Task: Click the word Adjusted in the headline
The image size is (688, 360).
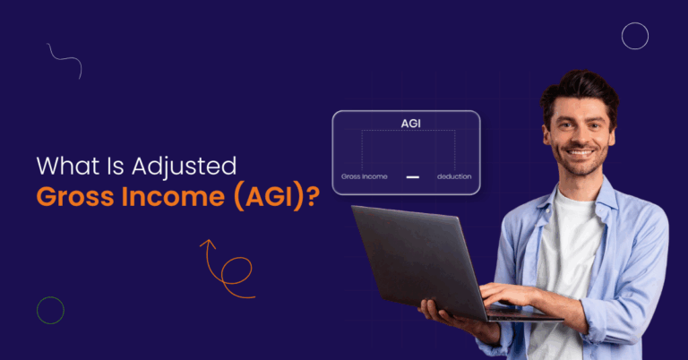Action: point(184,167)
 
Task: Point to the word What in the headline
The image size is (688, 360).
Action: point(64,167)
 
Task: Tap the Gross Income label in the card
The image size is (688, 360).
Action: point(364,176)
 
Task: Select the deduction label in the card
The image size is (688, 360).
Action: point(454,176)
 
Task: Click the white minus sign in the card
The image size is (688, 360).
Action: point(412,177)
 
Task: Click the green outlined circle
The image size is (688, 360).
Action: point(50,310)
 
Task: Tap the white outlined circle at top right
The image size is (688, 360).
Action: point(634,36)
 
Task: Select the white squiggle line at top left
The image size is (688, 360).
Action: point(64,60)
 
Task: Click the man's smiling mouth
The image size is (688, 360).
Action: point(580,153)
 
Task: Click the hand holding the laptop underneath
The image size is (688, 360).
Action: point(439,313)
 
